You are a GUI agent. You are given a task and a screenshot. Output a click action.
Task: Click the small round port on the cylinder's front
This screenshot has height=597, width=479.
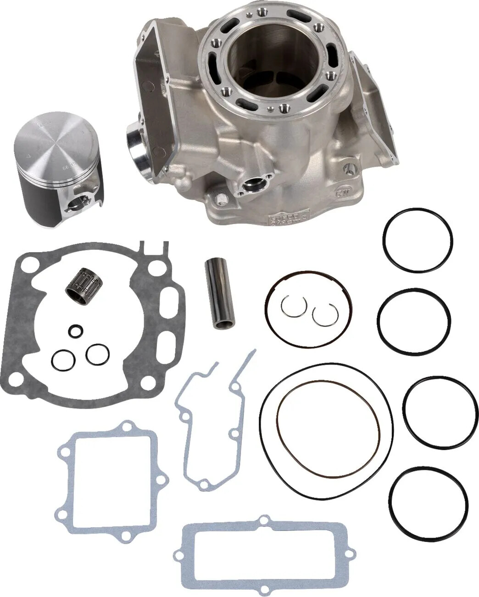point(252,186)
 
